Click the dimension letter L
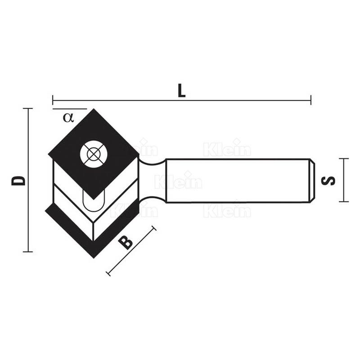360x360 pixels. click(182, 90)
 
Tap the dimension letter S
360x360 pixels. click(328, 180)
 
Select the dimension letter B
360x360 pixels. click(126, 243)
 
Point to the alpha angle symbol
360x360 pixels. click(68, 117)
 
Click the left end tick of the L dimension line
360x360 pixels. click(53, 100)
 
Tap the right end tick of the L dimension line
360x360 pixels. click(311, 100)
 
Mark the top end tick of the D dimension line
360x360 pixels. click(28, 108)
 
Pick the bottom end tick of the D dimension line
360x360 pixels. click(28, 252)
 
